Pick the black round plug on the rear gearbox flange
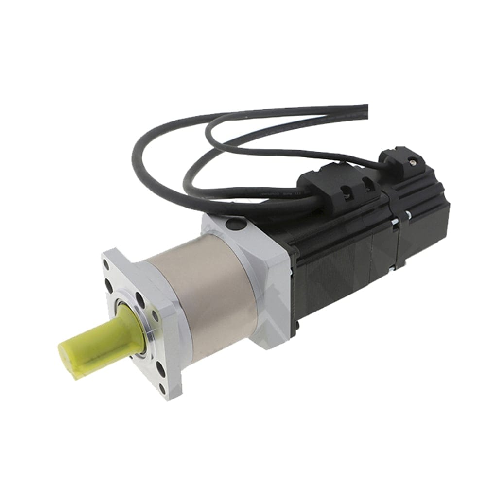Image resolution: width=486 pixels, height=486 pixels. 236,224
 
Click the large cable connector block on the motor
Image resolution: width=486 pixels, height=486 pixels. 340,187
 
